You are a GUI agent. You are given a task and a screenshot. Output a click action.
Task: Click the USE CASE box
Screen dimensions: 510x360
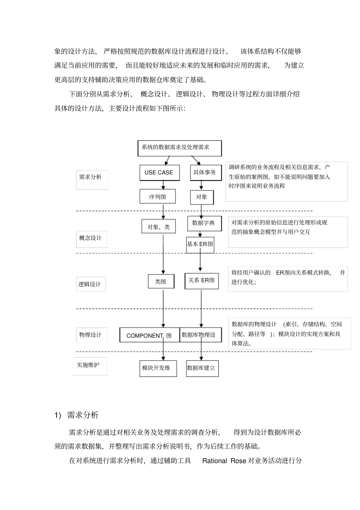point(159,173)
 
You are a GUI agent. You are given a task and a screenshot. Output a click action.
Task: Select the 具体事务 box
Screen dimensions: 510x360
point(205,173)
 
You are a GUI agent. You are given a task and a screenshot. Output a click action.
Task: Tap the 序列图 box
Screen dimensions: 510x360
point(157,197)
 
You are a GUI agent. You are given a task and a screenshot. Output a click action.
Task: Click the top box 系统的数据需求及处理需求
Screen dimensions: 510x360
point(179,148)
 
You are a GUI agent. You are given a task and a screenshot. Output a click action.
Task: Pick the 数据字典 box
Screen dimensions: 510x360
point(204,223)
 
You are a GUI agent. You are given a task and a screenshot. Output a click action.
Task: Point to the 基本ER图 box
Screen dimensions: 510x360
point(200,245)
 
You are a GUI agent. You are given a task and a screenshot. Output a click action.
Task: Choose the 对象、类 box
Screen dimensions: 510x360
point(158,227)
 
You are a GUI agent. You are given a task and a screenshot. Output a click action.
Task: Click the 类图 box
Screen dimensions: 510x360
point(161,281)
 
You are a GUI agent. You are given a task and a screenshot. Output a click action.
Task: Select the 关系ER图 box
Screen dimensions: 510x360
point(201,281)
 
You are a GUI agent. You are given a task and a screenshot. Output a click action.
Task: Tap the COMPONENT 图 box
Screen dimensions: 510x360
point(149,335)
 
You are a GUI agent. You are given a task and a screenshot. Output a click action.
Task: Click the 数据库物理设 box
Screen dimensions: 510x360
point(200,335)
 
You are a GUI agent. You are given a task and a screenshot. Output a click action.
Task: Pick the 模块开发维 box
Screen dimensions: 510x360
point(158,368)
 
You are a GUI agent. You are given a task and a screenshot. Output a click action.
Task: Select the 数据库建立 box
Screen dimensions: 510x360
point(202,368)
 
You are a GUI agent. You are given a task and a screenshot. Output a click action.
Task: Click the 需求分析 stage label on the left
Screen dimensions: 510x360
point(91,177)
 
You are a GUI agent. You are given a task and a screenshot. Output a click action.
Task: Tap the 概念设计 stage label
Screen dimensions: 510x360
point(91,239)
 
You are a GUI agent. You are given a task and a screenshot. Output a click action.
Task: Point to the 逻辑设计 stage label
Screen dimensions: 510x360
point(90,284)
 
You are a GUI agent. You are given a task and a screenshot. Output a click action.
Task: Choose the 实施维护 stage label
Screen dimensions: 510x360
point(89,365)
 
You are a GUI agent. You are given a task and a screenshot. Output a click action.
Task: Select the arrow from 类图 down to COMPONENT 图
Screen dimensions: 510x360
point(163,307)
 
